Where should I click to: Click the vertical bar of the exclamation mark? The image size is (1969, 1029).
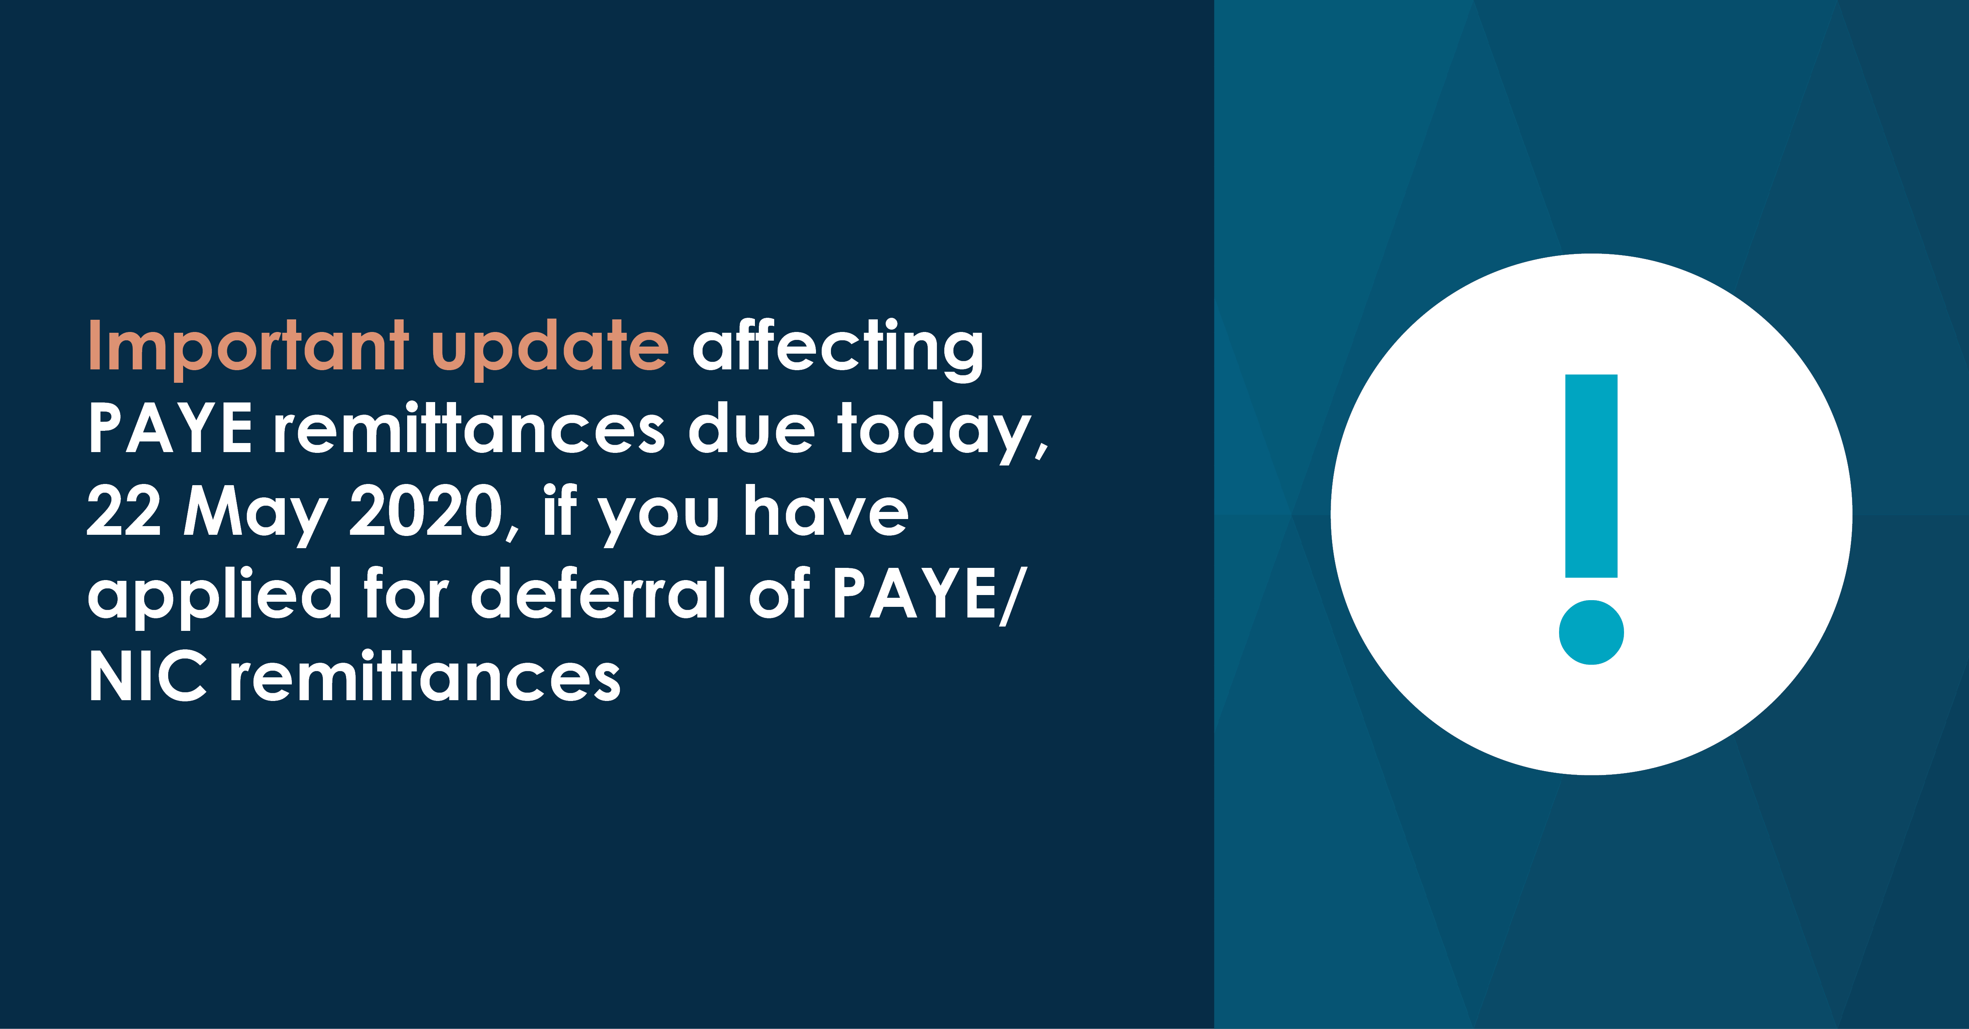1591,475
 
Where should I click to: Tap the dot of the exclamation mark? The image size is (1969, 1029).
1591,632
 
